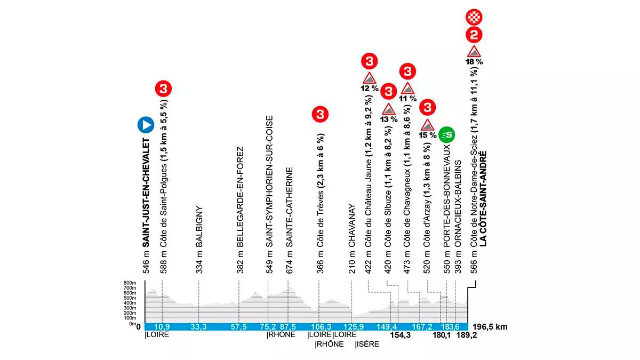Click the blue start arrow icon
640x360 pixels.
tap(146, 125)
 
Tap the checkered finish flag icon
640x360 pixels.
tap(474, 17)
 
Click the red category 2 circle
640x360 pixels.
tap(474, 36)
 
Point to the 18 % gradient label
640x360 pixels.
tap(474, 62)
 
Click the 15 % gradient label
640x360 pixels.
tap(427, 135)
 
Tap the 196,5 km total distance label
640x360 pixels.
tap(489, 327)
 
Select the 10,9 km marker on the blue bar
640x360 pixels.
tap(162, 327)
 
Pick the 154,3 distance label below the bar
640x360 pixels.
tap(402, 336)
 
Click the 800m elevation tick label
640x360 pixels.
tap(130, 283)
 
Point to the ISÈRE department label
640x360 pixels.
tap(367, 345)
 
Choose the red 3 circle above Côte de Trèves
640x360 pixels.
tap(319, 114)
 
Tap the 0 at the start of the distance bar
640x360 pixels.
tap(138, 327)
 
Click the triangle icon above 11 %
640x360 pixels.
tap(408, 88)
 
